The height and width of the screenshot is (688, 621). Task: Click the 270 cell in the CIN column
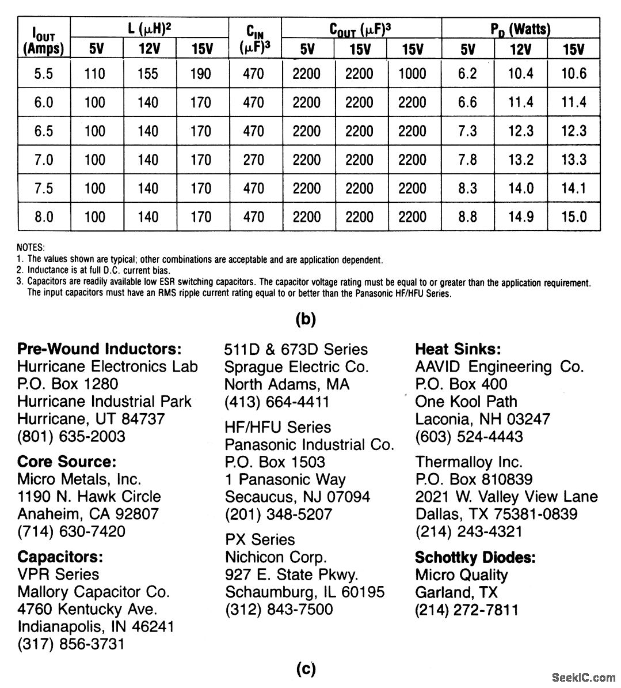coord(253,160)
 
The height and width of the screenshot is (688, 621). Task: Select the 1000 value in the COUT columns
coord(412,74)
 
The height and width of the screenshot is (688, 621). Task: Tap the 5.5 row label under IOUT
coord(44,74)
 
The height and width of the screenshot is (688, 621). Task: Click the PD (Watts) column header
coord(520,28)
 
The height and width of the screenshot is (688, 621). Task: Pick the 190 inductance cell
coord(200,74)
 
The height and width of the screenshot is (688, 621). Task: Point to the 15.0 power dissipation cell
coord(573,217)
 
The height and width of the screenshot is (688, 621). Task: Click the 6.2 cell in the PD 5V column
coord(467,74)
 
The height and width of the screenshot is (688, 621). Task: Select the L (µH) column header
coord(148,28)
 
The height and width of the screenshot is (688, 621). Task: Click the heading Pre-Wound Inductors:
coord(100,349)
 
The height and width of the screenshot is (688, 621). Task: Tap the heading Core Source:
coord(67,462)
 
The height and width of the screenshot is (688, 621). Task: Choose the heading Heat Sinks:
coord(458,349)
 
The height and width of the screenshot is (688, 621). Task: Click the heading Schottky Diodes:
coord(475,557)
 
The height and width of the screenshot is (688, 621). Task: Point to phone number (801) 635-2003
coord(71,436)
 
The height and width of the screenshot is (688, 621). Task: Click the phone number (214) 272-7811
coord(467,610)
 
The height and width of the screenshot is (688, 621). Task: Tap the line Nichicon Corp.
coord(276,557)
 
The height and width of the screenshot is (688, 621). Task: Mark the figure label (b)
coord(306,320)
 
